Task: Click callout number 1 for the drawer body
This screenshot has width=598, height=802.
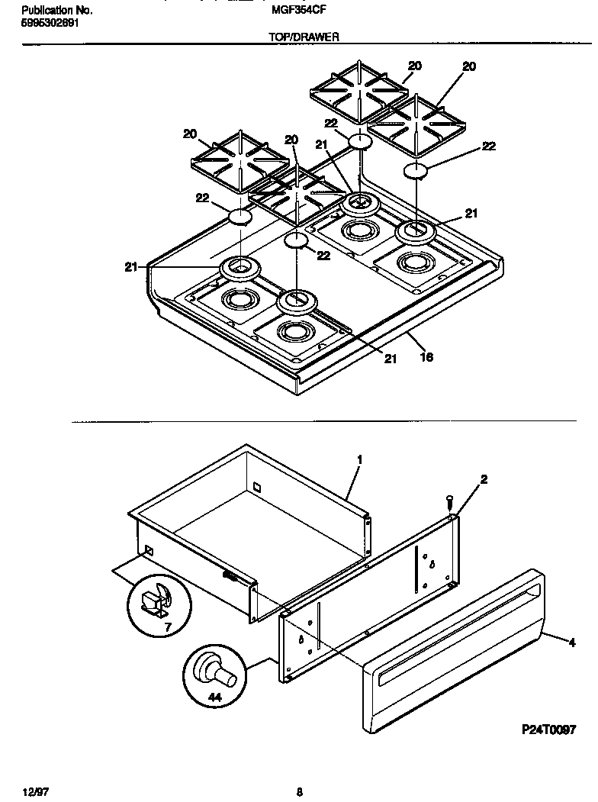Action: point(358,459)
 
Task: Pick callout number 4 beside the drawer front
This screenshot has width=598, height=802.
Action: point(571,642)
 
